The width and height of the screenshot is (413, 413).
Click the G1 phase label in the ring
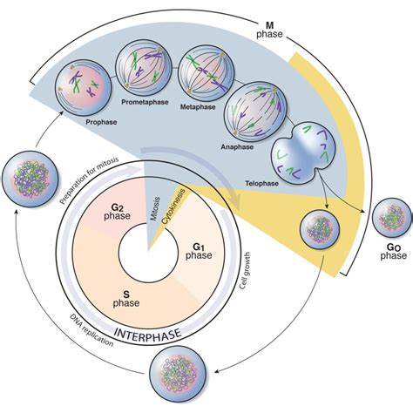tap(204, 254)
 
